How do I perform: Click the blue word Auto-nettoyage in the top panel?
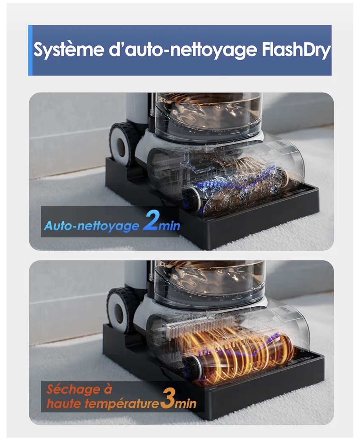click(x=92, y=225)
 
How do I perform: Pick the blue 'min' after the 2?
click(x=169, y=226)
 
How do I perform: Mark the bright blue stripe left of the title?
click(x=30, y=50)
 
